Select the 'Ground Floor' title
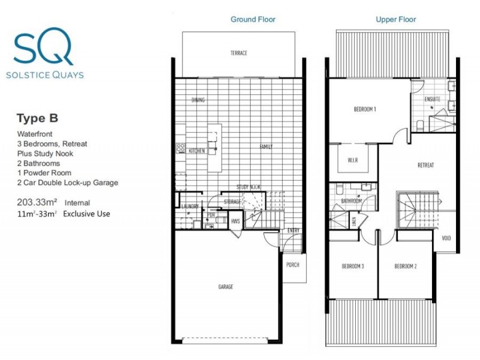(x=253, y=19)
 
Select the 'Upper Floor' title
(x=396, y=19)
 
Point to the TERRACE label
(x=239, y=53)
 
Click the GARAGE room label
(x=226, y=287)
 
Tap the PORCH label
(x=293, y=264)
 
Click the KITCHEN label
(x=197, y=151)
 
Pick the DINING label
(x=199, y=100)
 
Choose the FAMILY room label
(x=266, y=146)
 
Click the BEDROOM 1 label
(x=365, y=109)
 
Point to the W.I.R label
(x=353, y=161)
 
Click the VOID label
(x=446, y=237)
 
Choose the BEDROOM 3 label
(x=353, y=266)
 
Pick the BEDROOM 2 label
(x=406, y=266)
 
